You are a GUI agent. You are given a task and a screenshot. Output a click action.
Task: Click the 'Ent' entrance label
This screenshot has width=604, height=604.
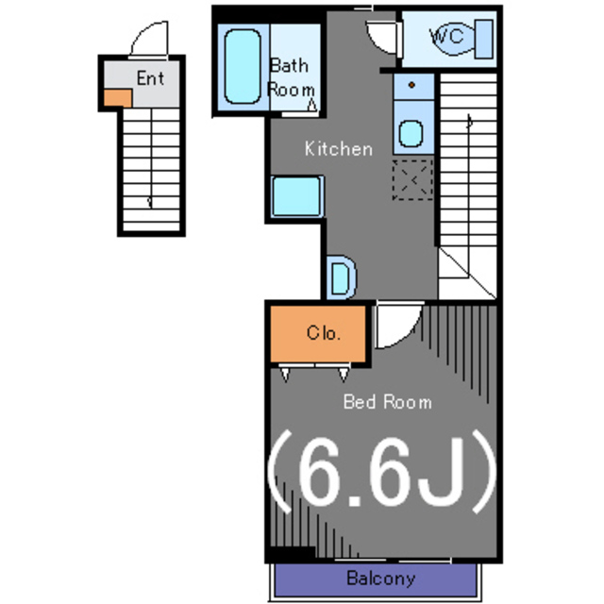(150, 78)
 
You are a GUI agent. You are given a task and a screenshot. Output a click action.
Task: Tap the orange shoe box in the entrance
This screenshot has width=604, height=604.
(118, 98)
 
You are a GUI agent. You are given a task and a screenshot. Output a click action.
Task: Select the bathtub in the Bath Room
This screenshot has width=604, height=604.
(243, 67)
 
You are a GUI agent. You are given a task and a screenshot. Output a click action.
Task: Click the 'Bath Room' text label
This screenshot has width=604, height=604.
(291, 77)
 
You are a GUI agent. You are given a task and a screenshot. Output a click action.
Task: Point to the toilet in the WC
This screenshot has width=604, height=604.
(461, 39)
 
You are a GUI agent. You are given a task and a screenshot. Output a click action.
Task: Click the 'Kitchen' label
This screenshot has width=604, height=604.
(339, 149)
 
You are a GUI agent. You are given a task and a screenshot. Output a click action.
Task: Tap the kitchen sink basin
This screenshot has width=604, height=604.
(411, 134)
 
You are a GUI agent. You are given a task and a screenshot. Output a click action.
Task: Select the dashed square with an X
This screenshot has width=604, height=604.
(412, 180)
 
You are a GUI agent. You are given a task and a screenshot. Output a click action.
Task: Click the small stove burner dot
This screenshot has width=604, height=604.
(411, 85)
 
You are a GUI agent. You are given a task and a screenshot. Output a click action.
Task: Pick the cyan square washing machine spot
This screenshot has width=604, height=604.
(296, 196)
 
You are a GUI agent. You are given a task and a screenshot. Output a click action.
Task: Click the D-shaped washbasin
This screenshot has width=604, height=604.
(342, 277)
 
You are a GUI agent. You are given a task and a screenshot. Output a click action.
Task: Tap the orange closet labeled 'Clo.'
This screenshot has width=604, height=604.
(318, 334)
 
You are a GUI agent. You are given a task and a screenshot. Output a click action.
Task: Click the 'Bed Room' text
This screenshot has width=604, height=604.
(388, 402)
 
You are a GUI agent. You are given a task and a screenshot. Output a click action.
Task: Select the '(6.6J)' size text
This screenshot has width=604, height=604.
(381, 472)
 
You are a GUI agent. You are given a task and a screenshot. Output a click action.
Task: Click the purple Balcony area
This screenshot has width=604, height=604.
(376, 579)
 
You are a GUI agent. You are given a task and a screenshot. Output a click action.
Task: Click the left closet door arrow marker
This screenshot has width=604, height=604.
(285, 375)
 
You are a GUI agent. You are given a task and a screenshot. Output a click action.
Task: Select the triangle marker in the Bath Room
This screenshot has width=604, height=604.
(312, 105)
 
